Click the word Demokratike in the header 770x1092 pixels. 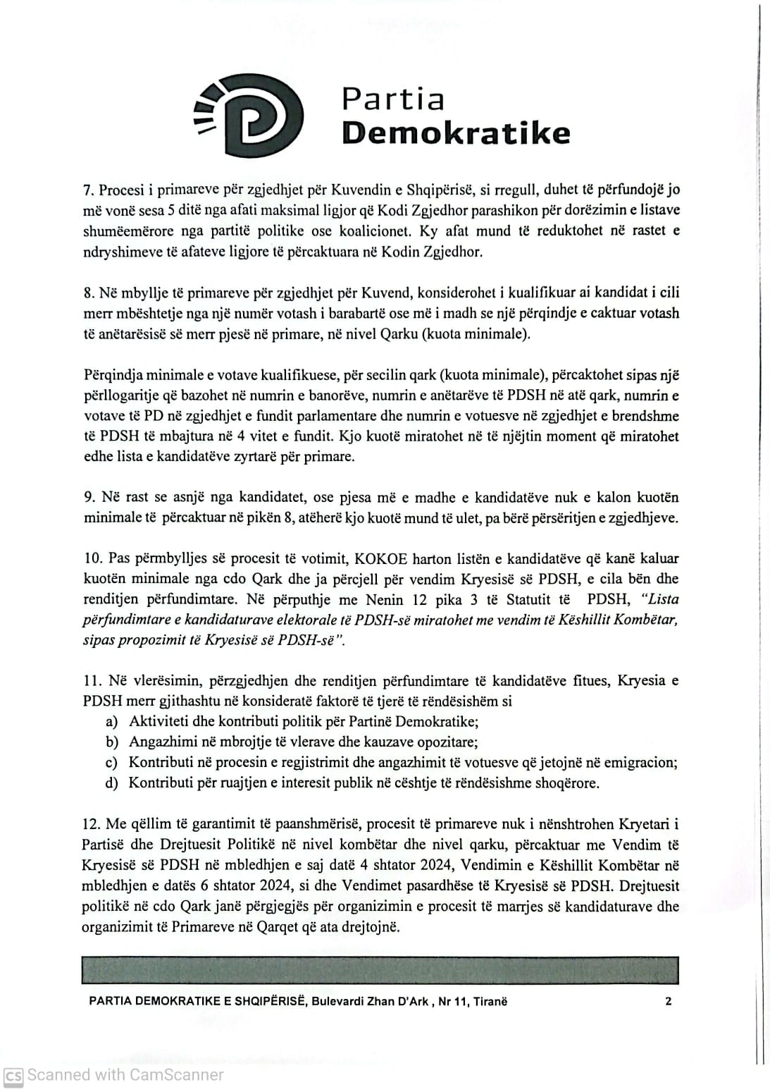point(455,132)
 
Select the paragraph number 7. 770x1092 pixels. point(88,190)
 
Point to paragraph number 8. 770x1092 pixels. point(88,293)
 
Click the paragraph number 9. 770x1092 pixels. point(89,498)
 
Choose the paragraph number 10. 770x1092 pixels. point(92,558)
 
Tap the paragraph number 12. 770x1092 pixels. point(92,824)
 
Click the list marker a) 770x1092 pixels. point(111,722)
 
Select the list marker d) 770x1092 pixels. point(111,783)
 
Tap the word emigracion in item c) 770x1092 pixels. point(642,763)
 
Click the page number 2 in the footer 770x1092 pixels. point(668,1001)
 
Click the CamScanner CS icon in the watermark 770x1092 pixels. point(13,1076)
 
